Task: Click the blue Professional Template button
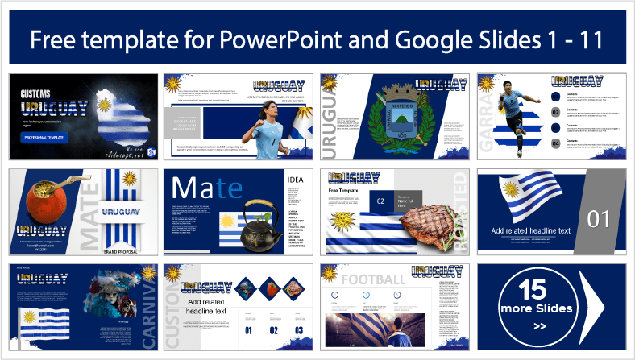pos(44,138)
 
